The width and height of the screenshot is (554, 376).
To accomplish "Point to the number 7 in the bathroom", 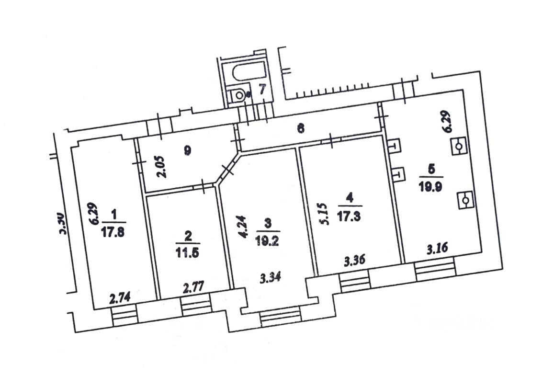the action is (x=262, y=89).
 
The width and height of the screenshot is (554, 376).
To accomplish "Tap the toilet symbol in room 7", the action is (x=238, y=95).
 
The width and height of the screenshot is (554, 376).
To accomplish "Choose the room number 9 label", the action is (x=187, y=150).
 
